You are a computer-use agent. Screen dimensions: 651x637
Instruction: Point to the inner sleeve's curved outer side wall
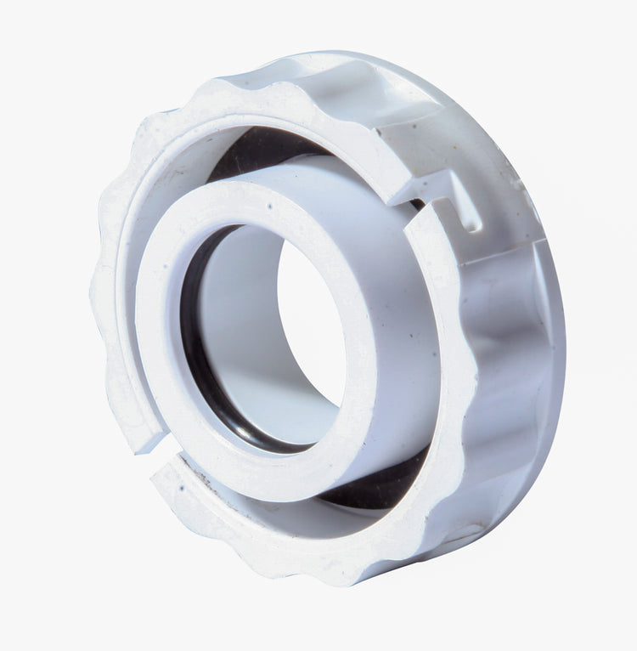coord(399,357)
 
